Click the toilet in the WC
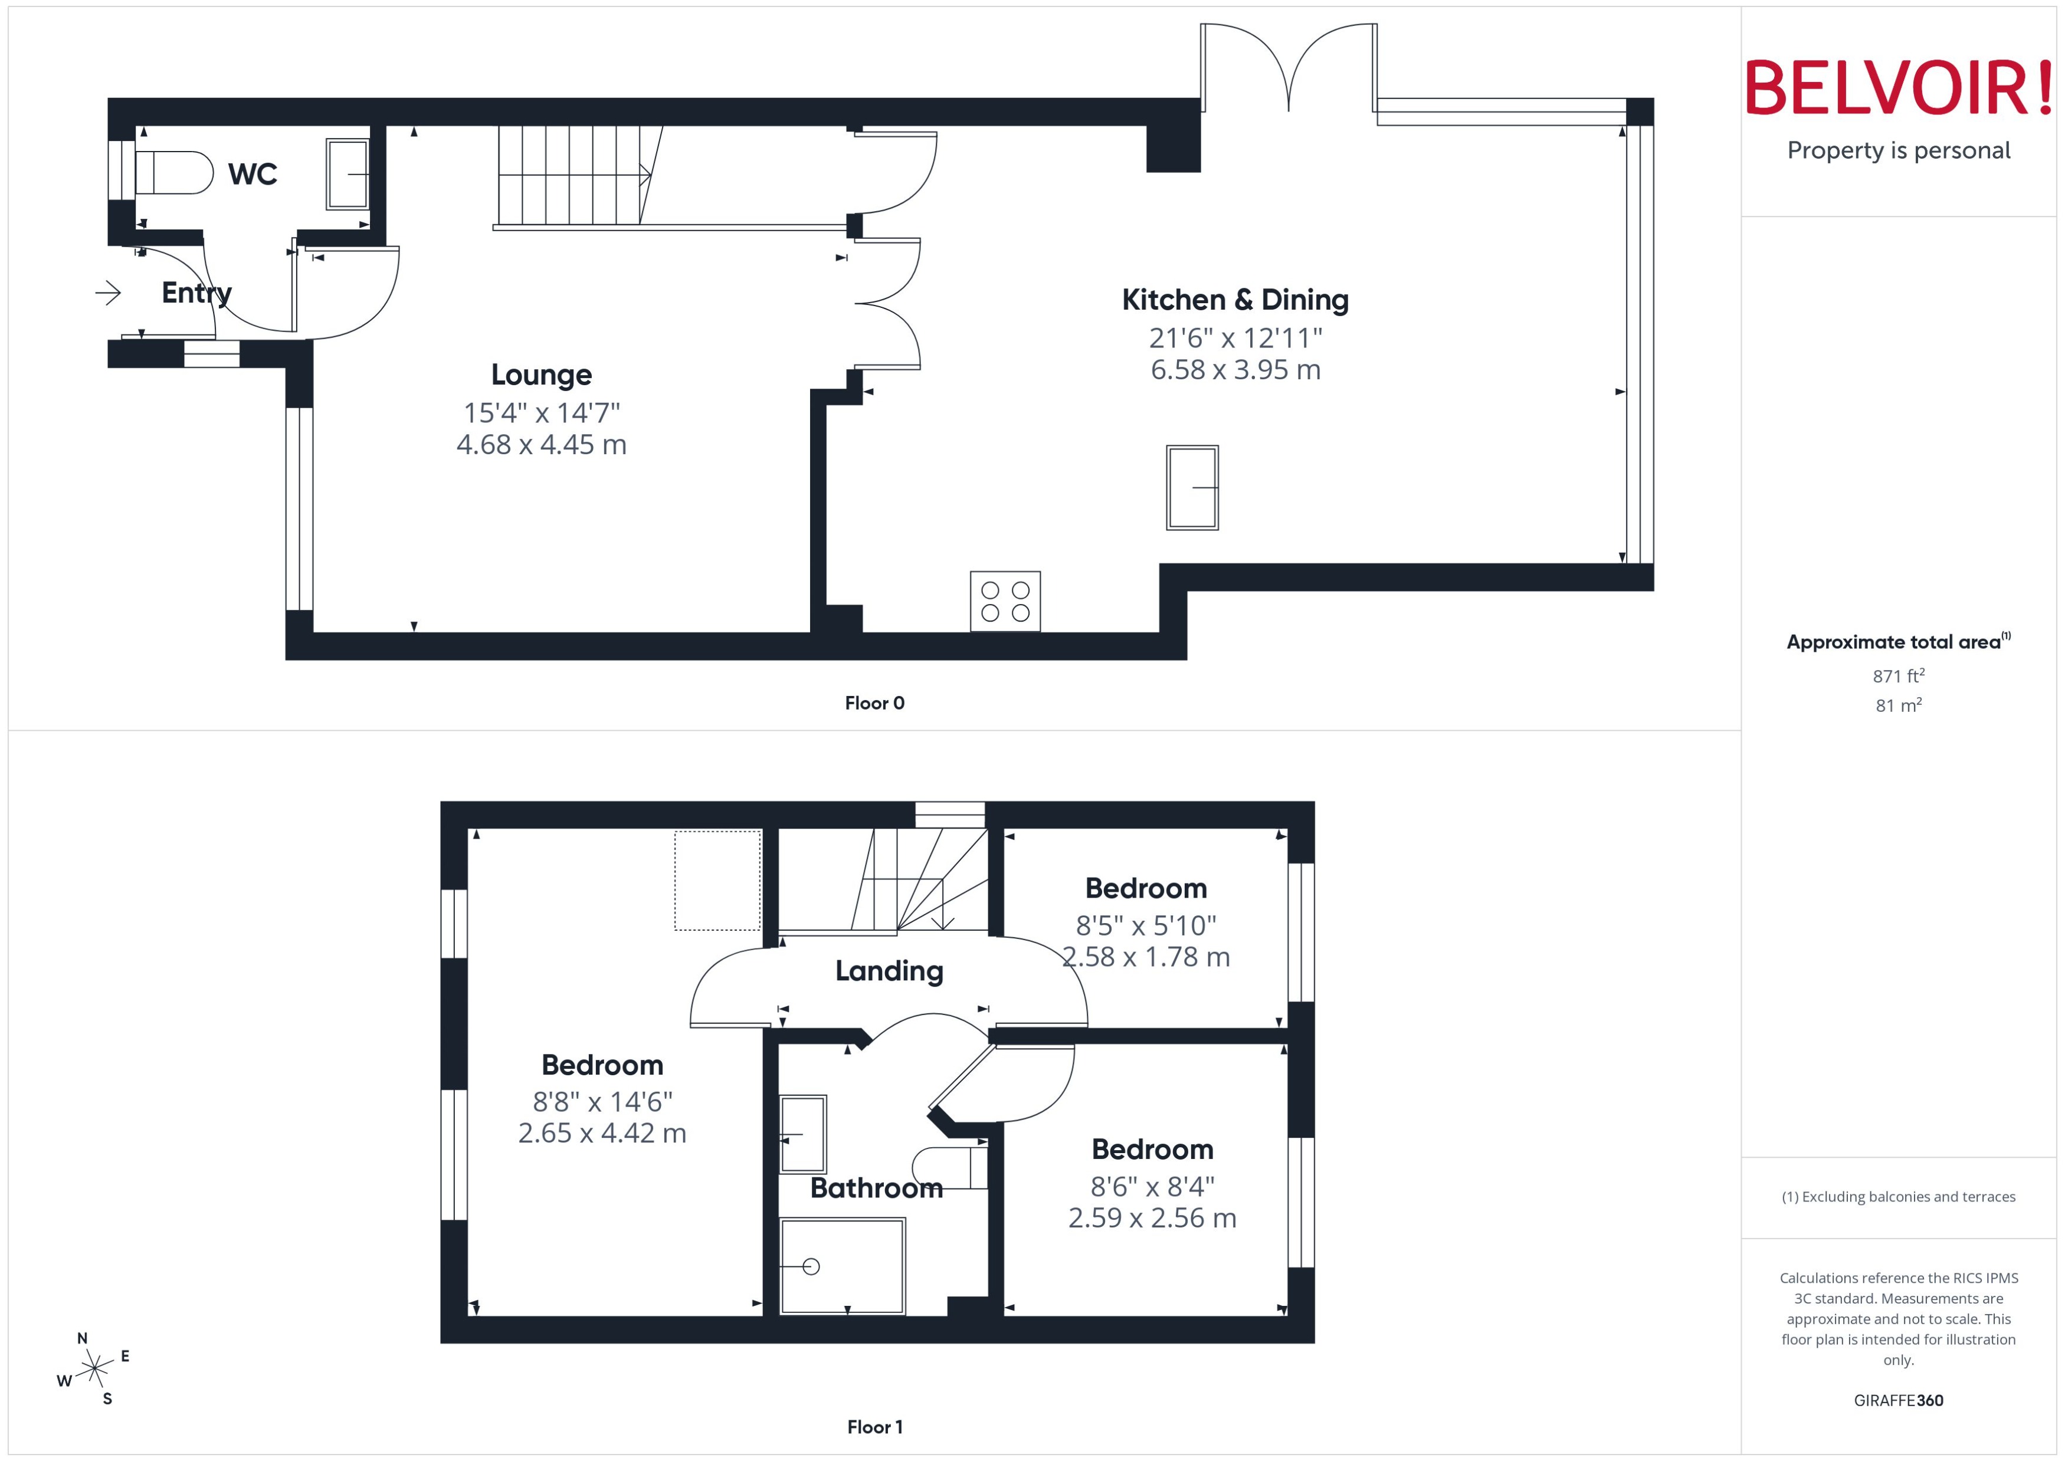pyautogui.click(x=173, y=173)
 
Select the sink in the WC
pyautogui.click(x=348, y=173)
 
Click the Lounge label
pyautogui.click(x=541, y=375)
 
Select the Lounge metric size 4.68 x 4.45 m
pyautogui.click(x=541, y=444)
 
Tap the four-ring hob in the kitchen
pyautogui.click(x=1005, y=601)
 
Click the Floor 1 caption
pyautogui.click(x=874, y=1427)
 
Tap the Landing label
pyautogui.click(x=889, y=971)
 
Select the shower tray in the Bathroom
pyautogui.click(x=841, y=1266)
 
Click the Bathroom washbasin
pyautogui.click(x=802, y=1134)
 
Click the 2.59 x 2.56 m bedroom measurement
pyautogui.click(x=1152, y=1218)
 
